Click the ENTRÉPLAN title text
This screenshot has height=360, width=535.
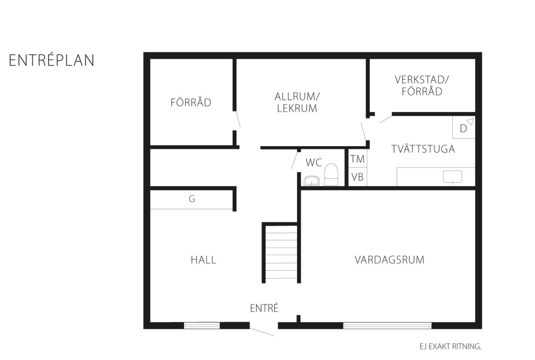[52, 60]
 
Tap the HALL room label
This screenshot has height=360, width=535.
[203, 260]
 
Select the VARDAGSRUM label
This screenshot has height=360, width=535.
[390, 260]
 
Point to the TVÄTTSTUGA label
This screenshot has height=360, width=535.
[423, 149]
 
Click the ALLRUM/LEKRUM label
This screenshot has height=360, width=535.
[297, 102]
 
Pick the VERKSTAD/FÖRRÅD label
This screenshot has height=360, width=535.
[422, 85]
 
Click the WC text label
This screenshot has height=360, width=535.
[314, 163]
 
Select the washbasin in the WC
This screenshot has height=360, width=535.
[311, 180]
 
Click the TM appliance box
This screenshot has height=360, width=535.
[358, 159]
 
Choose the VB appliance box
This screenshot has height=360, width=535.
[358, 177]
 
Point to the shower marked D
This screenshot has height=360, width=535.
[464, 127]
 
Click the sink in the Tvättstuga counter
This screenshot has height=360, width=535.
[452, 177]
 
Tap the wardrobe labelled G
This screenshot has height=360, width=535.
[192, 199]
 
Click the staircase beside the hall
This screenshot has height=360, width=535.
[281, 253]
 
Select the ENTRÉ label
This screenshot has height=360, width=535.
[265, 308]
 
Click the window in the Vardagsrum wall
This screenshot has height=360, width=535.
[387, 326]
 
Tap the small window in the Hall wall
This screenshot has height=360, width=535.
[202, 326]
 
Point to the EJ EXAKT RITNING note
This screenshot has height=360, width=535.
[450, 346]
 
